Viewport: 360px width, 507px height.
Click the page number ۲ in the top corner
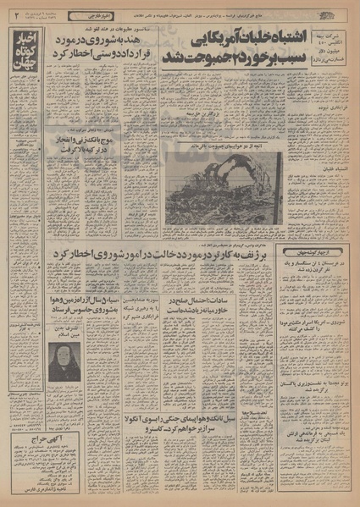pos(17,12)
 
